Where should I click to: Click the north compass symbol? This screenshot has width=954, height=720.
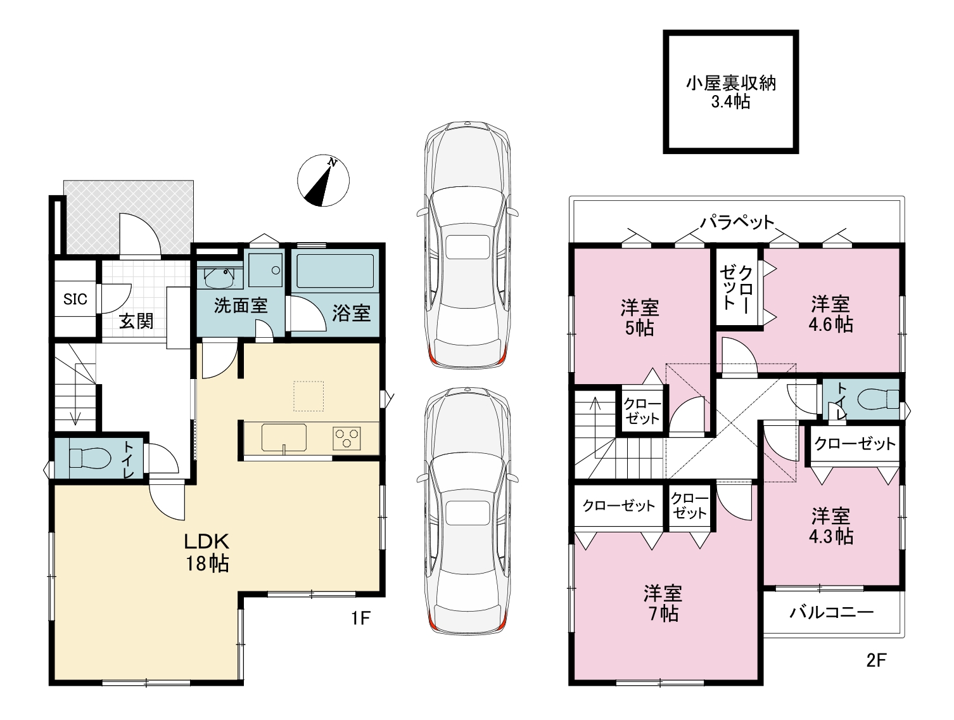click(x=323, y=181)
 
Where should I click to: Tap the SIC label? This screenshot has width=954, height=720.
click(x=75, y=299)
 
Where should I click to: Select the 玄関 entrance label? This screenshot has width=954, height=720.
click(x=136, y=321)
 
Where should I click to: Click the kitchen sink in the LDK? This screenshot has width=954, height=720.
click(x=284, y=437)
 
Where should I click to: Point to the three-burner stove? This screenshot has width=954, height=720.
click(x=347, y=438)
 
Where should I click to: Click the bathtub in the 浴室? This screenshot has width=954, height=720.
click(x=334, y=271)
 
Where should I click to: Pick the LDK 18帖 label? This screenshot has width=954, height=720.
click(x=207, y=553)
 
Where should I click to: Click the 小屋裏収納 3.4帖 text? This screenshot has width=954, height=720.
click(x=731, y=92)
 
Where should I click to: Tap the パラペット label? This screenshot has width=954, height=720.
click(x=737, y=222)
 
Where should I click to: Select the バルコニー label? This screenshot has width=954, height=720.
click(x=832, y=613)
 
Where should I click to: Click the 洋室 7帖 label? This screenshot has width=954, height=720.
click(x=663, y=603)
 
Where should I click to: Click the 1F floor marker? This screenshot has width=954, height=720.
click(x=360, y=618)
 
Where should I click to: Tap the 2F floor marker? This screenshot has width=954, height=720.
click(x=876, y=661)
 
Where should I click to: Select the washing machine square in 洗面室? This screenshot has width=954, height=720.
click(x=265, y=270)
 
